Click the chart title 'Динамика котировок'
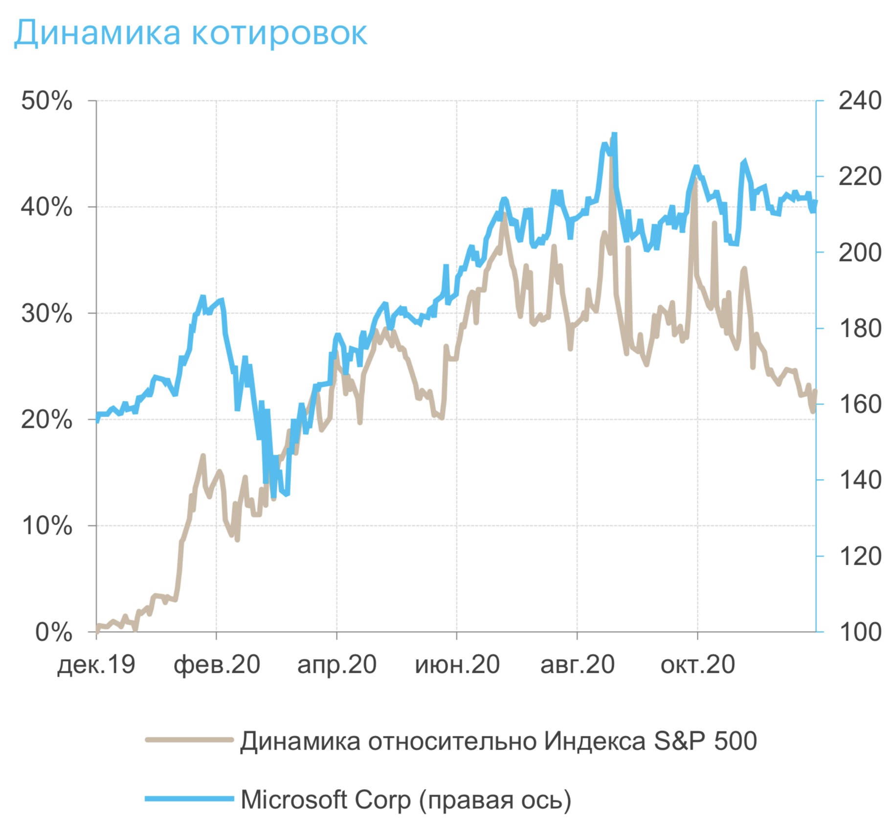coord(191,33)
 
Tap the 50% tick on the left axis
coord(46,101)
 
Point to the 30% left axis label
coord(46,313)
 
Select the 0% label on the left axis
coord(54,632)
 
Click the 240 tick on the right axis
coord(859,101)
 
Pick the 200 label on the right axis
coord(859,253)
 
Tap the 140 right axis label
coord(859,480)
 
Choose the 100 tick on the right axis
coord(859,632)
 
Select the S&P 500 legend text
coord(498,741)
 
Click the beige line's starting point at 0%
coord(97,631)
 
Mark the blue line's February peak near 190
coord(202,297)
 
